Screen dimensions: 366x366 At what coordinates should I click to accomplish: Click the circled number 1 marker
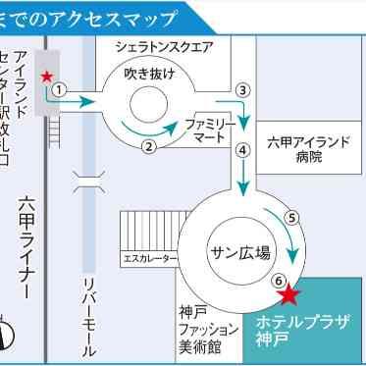tap(59, 88)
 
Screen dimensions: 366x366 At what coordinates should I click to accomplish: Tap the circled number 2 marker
tap(149, 147)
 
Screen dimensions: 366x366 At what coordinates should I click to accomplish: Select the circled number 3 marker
tap(243, 89)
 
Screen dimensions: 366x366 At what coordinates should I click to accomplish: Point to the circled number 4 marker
tap(242, 150)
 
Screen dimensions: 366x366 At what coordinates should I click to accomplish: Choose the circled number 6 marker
tap(279, 279)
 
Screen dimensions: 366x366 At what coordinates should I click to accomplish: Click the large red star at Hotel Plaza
tap(288, 294)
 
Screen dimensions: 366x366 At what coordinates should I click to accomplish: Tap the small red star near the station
tap(45, 76)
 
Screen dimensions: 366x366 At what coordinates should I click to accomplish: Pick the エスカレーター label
tap(149, 260)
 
